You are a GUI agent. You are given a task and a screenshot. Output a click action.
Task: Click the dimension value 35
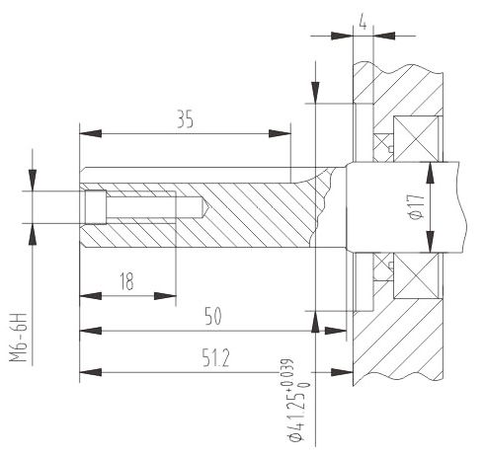tap(185, 119)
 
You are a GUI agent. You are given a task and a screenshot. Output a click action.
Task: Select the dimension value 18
tap(126, 281)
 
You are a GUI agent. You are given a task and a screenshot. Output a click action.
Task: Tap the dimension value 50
tap(213, 316)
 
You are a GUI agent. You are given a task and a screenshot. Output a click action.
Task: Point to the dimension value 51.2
tap(215, 358)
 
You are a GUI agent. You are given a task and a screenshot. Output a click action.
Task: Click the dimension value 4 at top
tap(363, 23)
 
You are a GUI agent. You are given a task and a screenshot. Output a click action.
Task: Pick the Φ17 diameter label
tap(416, 207)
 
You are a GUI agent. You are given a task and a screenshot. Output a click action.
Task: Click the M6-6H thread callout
tap(18, 338)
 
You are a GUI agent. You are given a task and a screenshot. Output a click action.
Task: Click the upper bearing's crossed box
tap(416, 138)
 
